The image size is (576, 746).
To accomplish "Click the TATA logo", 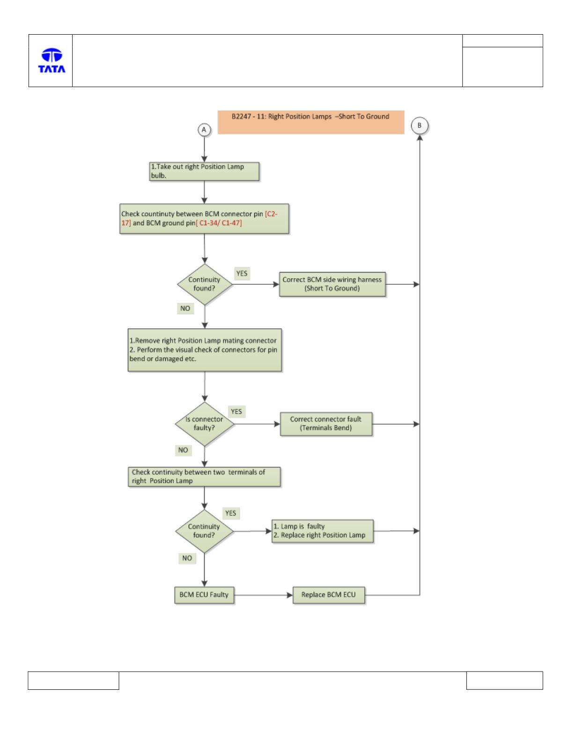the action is pyautogui.click(x=52, y=60).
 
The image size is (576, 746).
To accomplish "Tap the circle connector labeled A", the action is pyautogui.click(x=204, y=130).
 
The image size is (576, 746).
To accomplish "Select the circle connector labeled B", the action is pyautogui.click(x=419, y=126).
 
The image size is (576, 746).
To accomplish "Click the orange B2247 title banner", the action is pyautogui.click(x=310, y=122).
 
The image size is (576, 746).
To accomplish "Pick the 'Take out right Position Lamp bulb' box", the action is pyautogui.click(x=204, y=171).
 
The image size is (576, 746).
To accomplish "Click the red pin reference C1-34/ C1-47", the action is pyautogui.click(x=219, y=223).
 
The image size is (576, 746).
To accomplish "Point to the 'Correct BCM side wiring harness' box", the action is pyautogui.click(x=332, y=284).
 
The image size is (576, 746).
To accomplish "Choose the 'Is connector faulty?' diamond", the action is pyautogui.click(x=205, y=424).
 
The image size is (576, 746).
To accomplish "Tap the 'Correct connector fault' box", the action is pyautogui.click(x=326, y=424).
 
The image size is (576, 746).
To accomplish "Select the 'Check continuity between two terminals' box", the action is pyautogui.click(x=204, y=477).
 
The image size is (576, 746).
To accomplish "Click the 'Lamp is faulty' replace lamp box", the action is pyautogui.click(x=322, y=531).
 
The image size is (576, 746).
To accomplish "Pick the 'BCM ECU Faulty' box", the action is pyautogui.click(x=204, y=595).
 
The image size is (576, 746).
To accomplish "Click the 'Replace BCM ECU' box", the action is pyautogui.click(x=328, y=595).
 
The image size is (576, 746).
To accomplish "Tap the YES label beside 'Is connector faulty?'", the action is pyautogui.click(x=236, y=411).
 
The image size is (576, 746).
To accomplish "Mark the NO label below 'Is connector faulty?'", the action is pyautogui.click(x=183, y=450).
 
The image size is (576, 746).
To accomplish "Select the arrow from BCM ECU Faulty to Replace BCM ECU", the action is pyautogui.click(x=263, y=595).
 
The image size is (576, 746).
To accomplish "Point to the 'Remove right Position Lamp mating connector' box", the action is pyautogui.click(x=205, y=350).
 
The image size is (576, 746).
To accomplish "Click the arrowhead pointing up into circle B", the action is pyautogui.click(x=420, y=137).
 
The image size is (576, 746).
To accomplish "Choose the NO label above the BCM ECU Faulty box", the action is pyautogui.click(x=187, y=558).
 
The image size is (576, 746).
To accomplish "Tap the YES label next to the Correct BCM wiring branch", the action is pyautogui.click(x=242, y=273).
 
